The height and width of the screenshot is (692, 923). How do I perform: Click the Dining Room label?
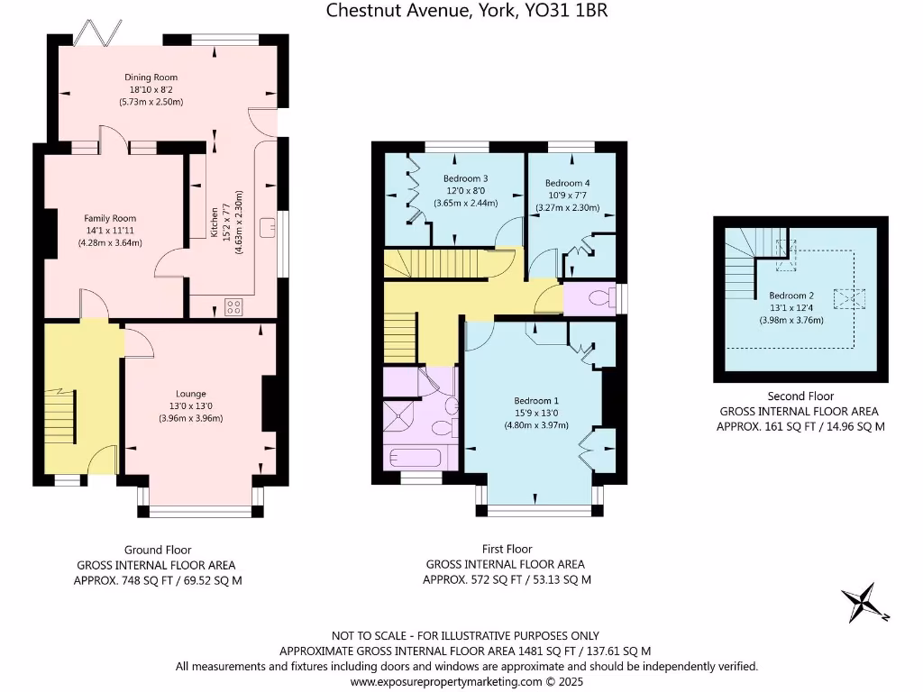point(151,77)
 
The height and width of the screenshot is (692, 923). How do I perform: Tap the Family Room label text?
point(110,218)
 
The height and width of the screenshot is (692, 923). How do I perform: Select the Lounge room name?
point(191,394)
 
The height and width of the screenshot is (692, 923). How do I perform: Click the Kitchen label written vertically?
point(215,223)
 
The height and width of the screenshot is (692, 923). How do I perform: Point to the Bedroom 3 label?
point(465,178)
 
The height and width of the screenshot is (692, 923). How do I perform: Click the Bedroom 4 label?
point(568,183)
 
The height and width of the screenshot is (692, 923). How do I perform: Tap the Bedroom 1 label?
point(536,401)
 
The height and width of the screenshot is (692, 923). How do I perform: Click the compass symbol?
point(864,603)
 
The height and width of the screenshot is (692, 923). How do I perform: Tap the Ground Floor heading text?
point(158,550)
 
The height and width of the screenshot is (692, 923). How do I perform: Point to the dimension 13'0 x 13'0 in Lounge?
point(191,405)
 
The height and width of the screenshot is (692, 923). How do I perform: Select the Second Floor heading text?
point(800,396)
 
